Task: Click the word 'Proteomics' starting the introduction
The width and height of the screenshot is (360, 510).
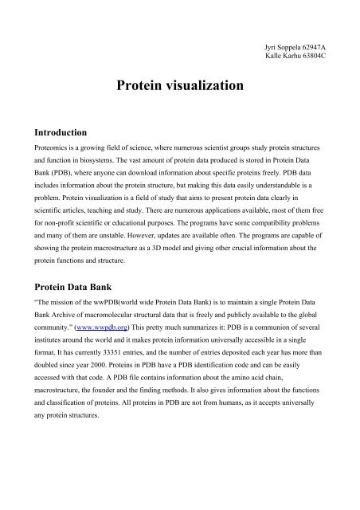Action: tap(49, 150)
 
